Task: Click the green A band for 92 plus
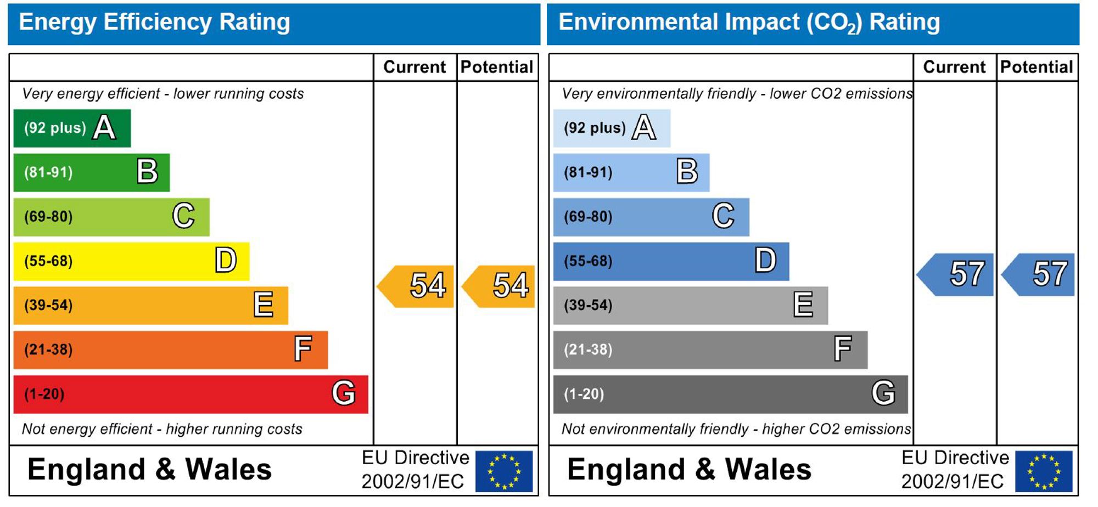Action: point(72,128)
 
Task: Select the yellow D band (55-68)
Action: point(131,261)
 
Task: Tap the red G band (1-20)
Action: point(191,394)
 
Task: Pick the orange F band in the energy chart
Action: point(171,350)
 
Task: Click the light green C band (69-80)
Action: point(111,217)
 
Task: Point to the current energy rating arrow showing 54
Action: point(416,286)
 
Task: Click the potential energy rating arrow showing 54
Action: point(498,286)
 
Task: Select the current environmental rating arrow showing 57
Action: point(955,274)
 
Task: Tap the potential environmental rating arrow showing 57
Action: point(1038,274)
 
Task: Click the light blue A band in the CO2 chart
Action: point(612,128)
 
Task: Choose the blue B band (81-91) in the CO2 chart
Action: point(631,172)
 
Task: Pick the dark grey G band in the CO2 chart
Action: point(730,394)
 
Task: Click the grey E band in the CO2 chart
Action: point(691,305)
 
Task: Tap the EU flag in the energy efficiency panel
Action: point(504,471)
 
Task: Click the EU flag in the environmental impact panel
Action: point(1044,471)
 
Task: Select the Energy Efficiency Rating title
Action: point(154,22)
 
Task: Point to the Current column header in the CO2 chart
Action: point(954,67)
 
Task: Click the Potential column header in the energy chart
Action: point(497,67)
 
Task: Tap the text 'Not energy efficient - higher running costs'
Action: point(162,429)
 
